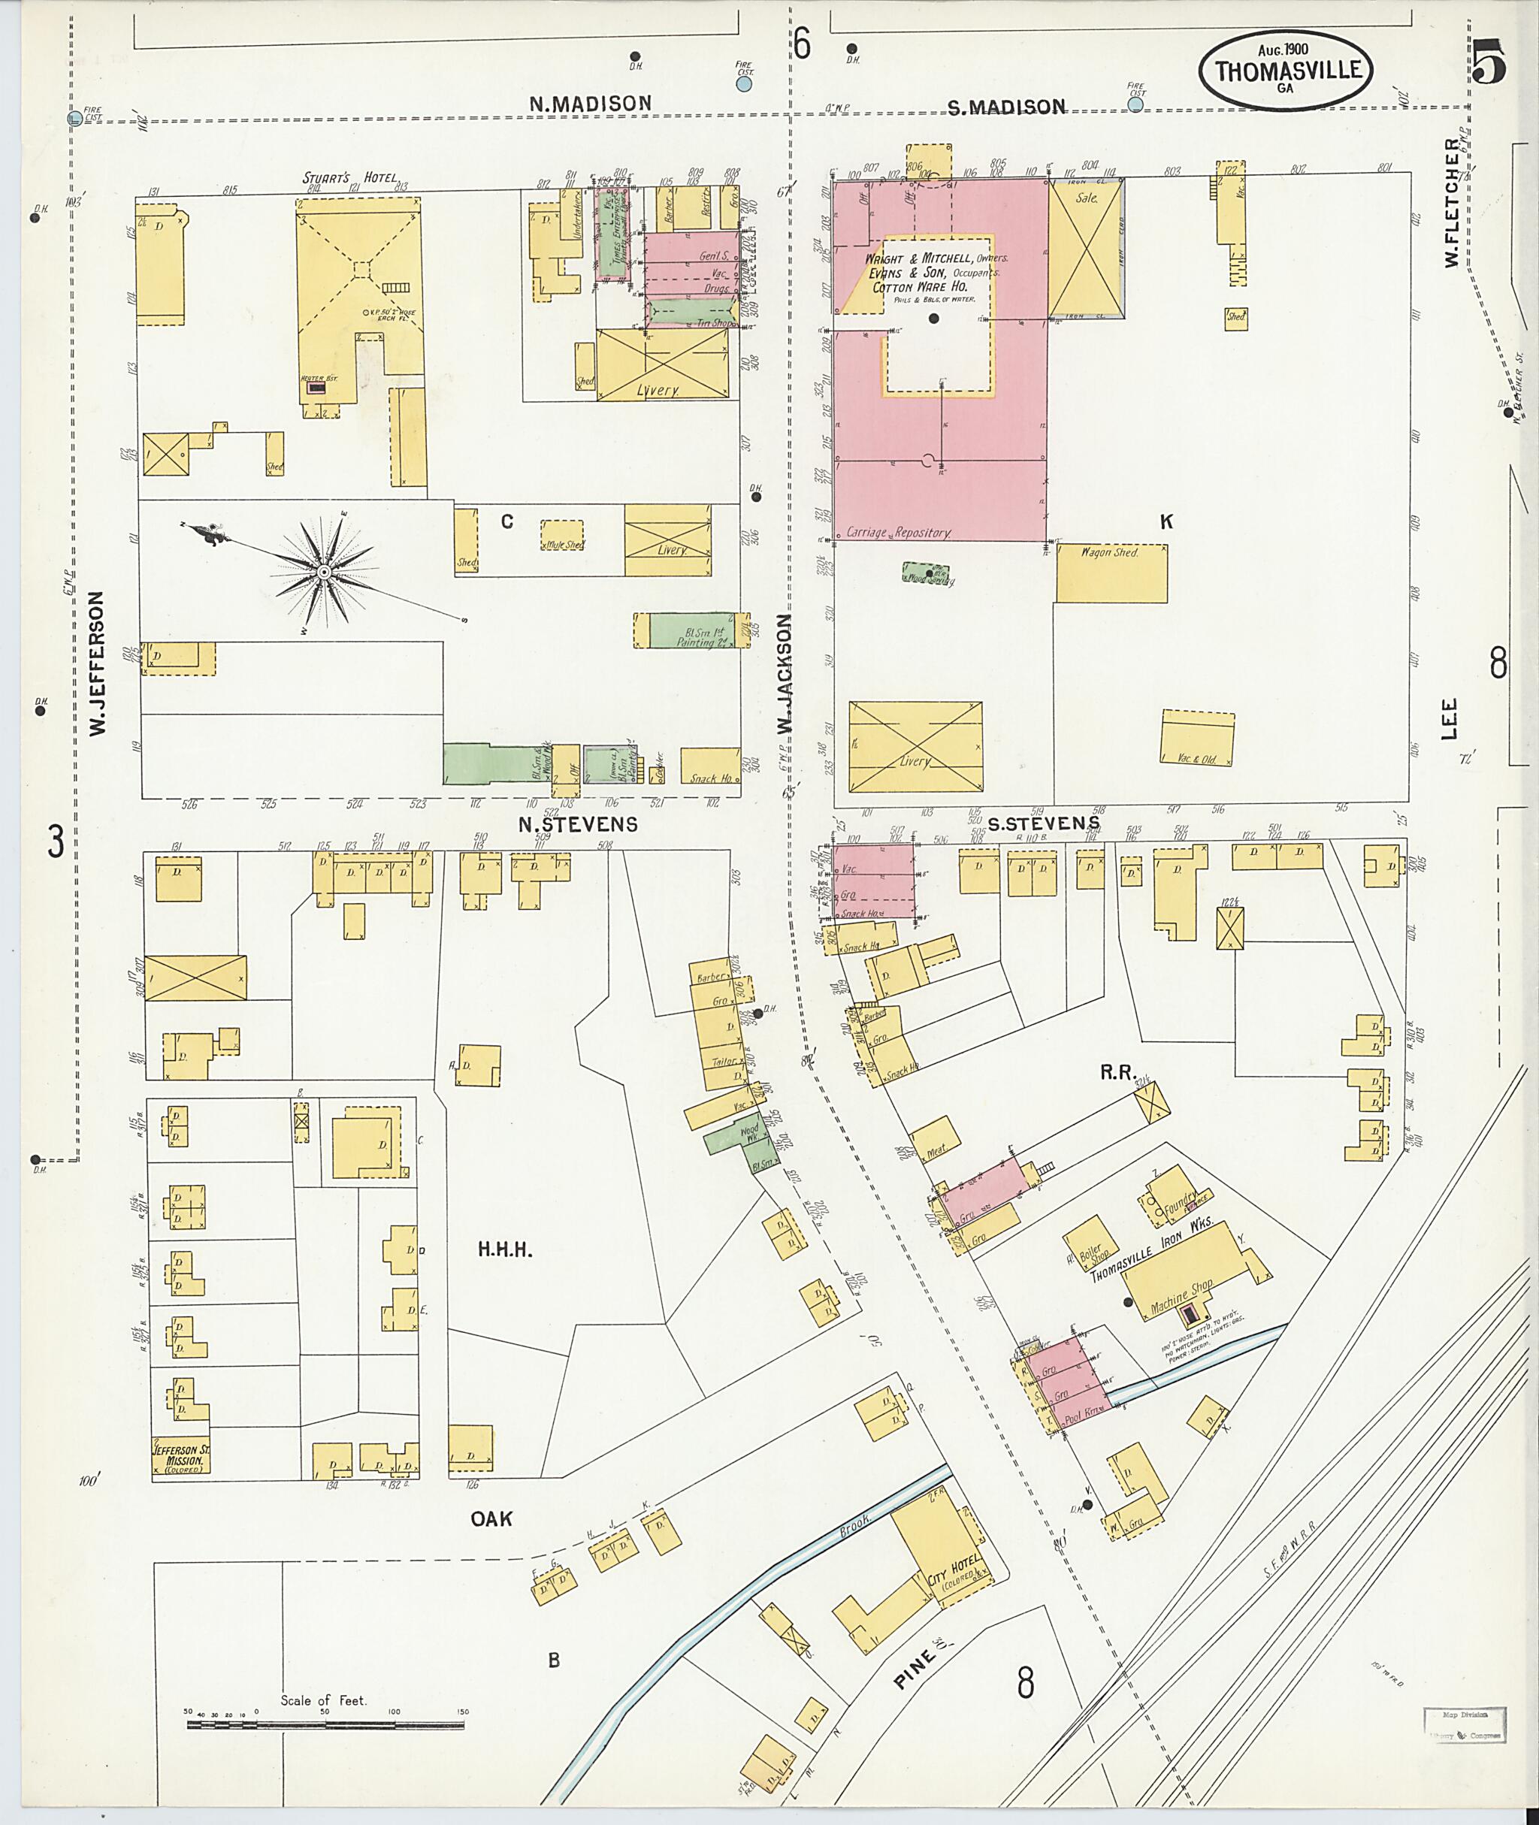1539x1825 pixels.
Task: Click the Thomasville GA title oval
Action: pos(1287,71)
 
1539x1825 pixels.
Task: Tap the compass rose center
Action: pos(324,573)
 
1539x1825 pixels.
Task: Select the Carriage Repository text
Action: pos(898,532)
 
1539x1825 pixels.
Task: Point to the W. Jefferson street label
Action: pos(97,663)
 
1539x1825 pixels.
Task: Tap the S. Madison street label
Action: pos(1006,107)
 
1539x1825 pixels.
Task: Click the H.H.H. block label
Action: pos(505,1250)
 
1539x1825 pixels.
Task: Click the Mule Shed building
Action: pos(563,536)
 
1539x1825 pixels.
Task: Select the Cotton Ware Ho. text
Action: pos(920,286)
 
